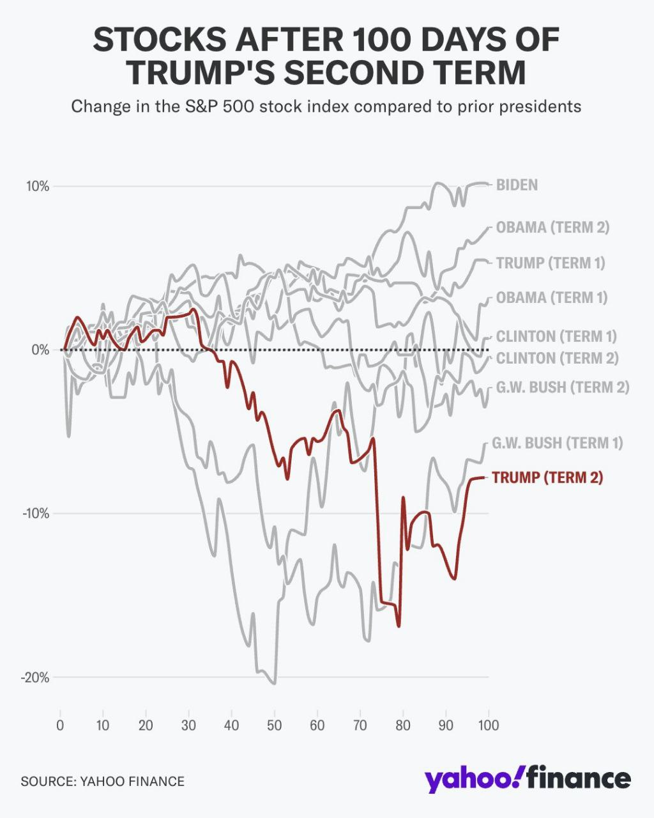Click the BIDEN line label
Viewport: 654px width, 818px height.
517,185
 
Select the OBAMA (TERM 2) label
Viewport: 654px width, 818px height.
552,228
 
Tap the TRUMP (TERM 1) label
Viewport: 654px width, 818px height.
550,263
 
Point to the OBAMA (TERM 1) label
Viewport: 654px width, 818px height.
552,298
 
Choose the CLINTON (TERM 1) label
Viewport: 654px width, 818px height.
556,336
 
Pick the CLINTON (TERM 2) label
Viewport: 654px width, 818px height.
557,358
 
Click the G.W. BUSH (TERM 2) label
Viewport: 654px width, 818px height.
562,387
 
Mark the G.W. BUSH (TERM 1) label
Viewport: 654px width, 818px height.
557,443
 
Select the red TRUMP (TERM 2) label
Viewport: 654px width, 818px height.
547,477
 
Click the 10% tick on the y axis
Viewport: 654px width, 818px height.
38,187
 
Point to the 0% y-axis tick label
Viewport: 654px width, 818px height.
40,350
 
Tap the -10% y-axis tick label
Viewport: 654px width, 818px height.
36,514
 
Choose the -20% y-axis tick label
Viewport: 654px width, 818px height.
36,677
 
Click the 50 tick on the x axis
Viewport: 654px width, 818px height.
274,725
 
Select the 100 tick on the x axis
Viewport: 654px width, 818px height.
489,725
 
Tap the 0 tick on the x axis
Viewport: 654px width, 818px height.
60,725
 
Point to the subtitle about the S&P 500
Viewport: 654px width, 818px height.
326,105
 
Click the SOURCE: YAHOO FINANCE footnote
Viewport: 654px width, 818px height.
103,781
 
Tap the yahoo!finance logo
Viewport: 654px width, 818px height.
528,780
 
